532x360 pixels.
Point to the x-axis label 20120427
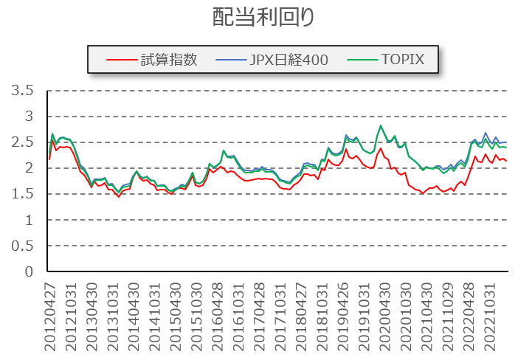pyautogui.click(x=49, y=314)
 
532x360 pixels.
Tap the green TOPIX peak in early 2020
pyautogui.click(x=381, y=125)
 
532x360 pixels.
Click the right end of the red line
pyautogui.click(x=506, y=161)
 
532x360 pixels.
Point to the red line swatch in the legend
pyautogui.click(x=120, y=60)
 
